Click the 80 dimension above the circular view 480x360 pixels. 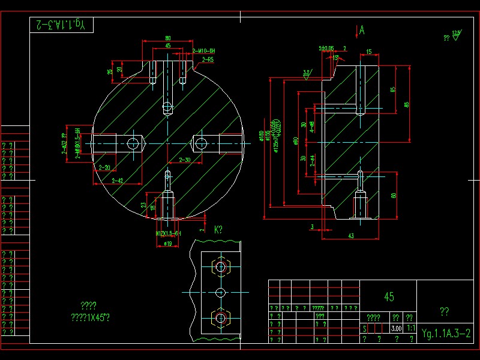click(x=167, y=38)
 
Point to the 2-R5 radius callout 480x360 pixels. click(x=208, y=60)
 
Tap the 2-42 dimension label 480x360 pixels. click(x=116, y=180)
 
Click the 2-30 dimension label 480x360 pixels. click(x=185, y=160)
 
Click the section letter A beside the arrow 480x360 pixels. click(x=362, y=29)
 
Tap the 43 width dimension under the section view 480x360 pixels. click(x=350, y=236)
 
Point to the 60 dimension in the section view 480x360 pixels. click(x=394, y=195)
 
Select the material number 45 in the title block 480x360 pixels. click(x=389, y=297)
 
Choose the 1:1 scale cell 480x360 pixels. click(x=411, y=329)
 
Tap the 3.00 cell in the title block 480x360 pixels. click(x=396, y=329)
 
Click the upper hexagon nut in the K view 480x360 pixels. click(x=220, y=266)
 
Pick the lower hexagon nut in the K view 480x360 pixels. click(x=220, y=316)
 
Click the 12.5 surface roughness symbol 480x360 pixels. click(x=457, y=34)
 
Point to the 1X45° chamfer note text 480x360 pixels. click(x=91, y=317)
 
